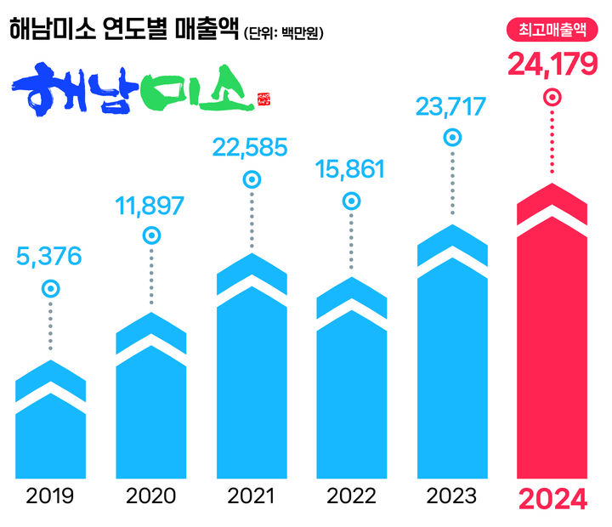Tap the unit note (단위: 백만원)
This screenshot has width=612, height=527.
[x=284, y=34]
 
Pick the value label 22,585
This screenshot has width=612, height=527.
[x=251, y=147]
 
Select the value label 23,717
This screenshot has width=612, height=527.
[x=451, y=107]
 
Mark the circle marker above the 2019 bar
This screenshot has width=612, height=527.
[x=51, y=289]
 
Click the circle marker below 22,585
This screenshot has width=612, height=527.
[x=252, y=179]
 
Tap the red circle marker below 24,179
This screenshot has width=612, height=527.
[x=552, y=98]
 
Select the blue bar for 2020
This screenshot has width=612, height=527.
[x=151, y=399]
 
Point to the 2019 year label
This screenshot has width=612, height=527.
[x=51, y=496]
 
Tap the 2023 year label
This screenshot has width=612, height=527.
[x=451, y=496]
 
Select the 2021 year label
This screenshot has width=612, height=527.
[x=252, y=496]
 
